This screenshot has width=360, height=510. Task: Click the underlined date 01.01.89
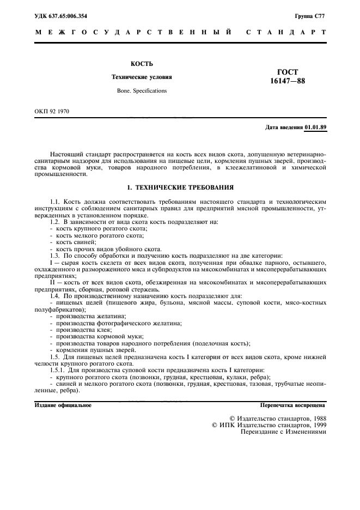316,127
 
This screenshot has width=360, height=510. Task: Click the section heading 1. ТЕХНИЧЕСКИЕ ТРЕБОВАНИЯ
180,187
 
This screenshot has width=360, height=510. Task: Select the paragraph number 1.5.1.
58,371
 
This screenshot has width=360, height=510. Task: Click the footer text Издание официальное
63,405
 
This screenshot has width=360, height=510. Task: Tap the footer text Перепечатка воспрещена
293,405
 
